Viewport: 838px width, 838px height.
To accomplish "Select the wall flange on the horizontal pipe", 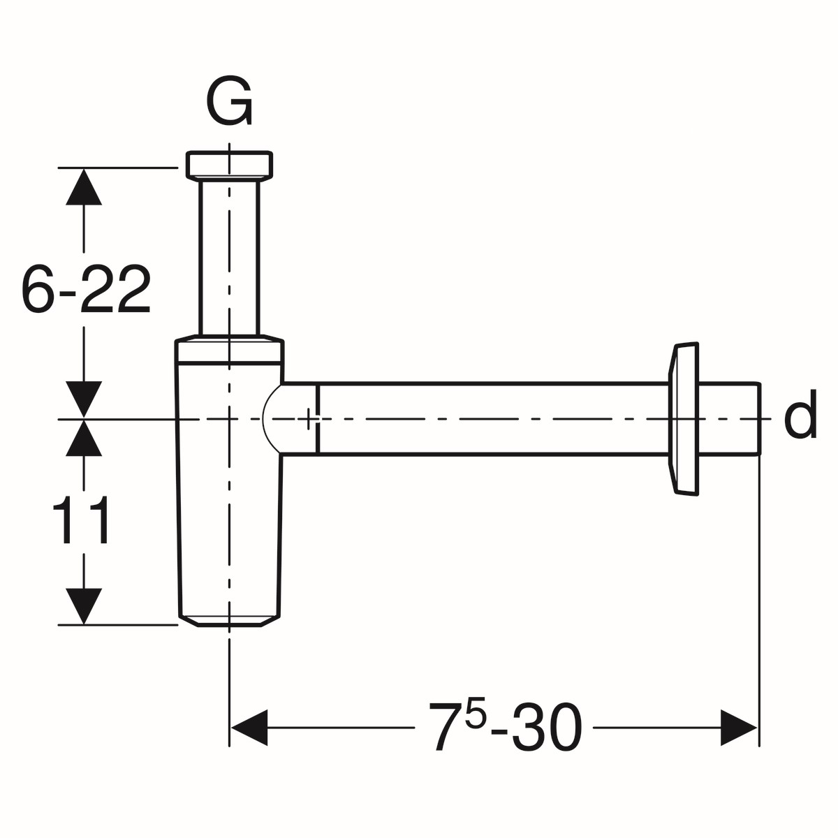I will pyautogui.click(x=684, y=419).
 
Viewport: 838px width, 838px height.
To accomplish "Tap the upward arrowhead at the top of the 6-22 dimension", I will pyautogui.click(x=84, y=186).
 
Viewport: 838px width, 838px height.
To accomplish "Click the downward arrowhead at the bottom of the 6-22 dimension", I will pyautogui.click(x=84, y=399).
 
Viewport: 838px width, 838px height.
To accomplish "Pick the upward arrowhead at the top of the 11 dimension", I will pyautogui.click(x=84, y=438).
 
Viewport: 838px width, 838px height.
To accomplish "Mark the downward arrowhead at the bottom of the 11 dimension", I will pyautogui.click(x=84, y=605).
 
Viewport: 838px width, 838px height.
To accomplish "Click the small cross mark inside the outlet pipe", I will pyautogui.click(x=309, y=419).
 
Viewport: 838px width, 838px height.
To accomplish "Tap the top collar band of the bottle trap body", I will pyautogui.click(x=229, y=352).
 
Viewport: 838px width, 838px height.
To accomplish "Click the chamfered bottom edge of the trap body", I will pyautogui.click(x=229, y=621).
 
